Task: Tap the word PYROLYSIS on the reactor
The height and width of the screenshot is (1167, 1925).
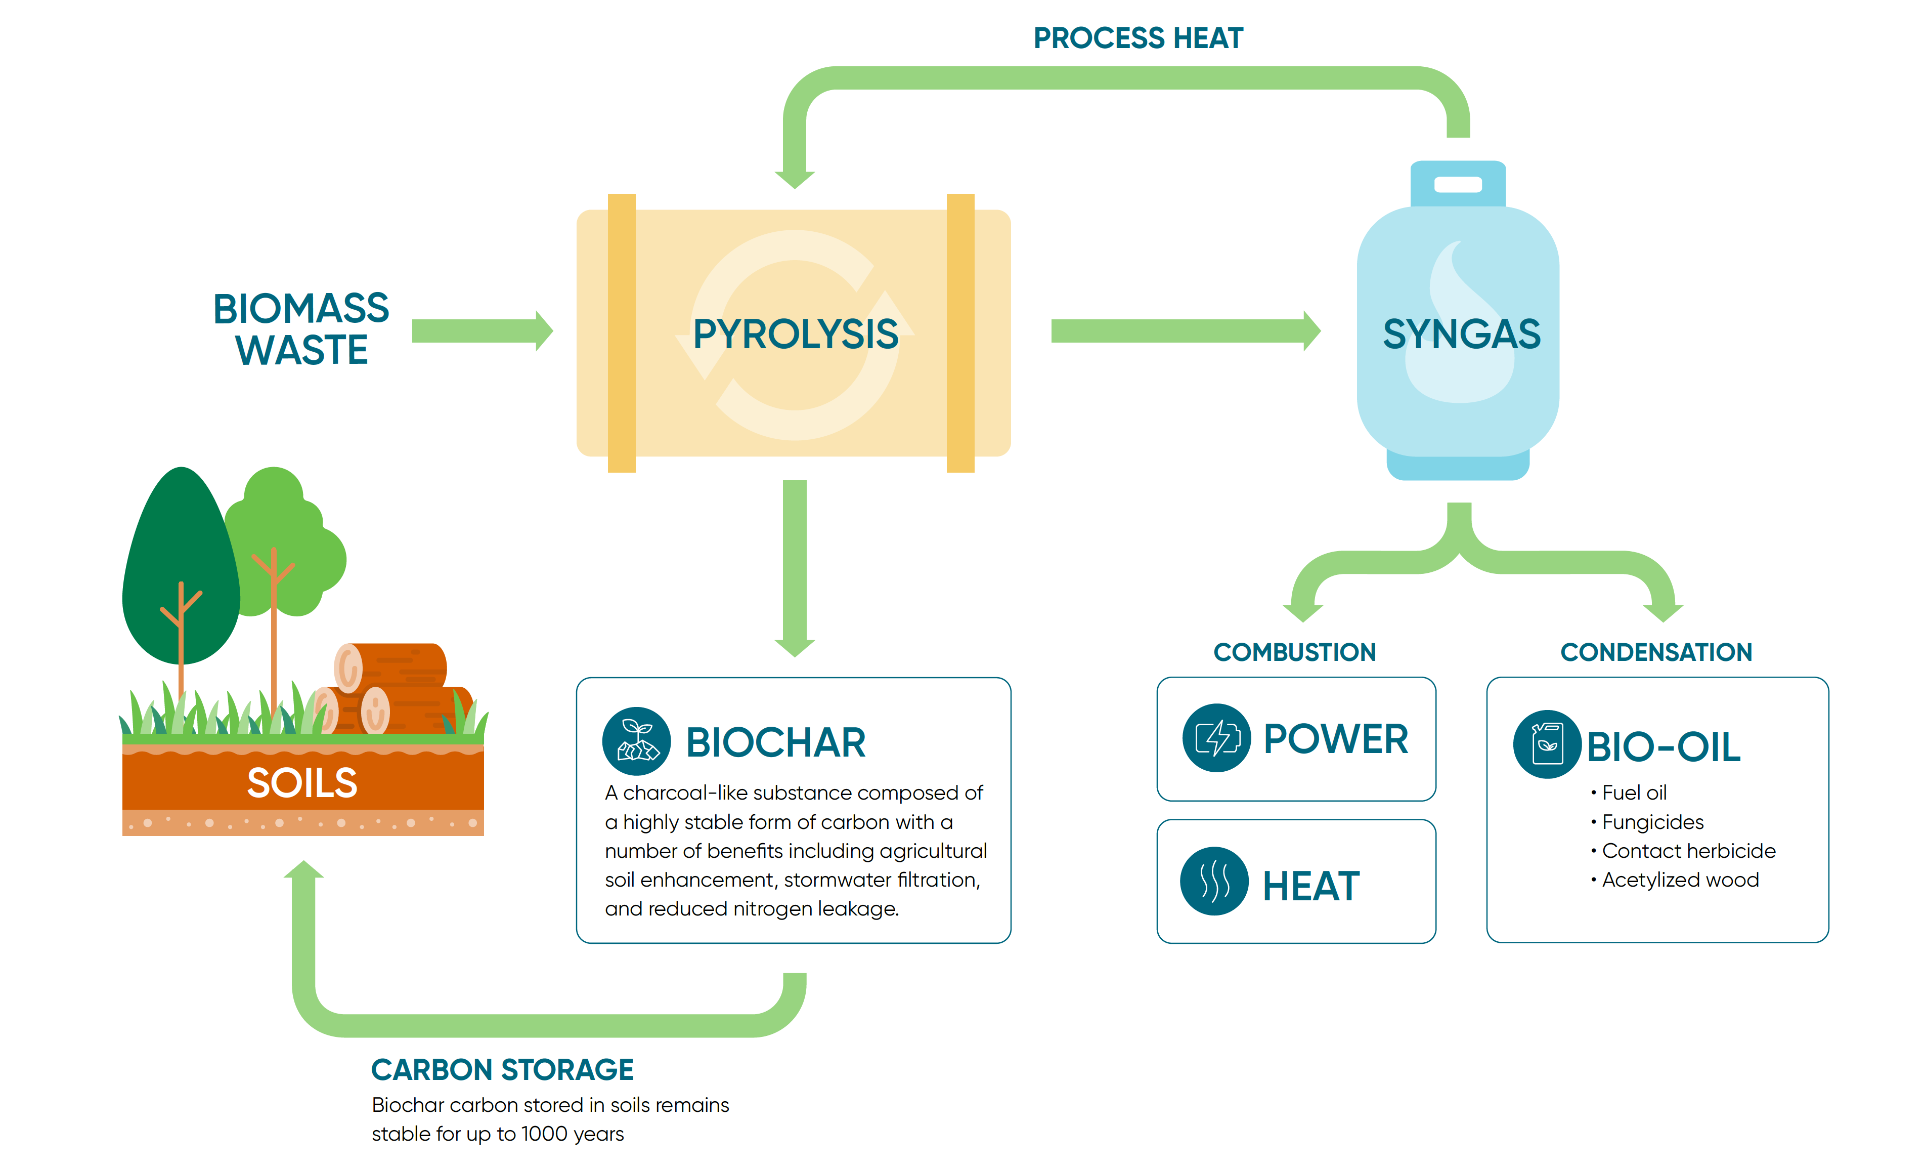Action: (795, 334)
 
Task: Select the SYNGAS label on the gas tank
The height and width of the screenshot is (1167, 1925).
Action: (1461, 334)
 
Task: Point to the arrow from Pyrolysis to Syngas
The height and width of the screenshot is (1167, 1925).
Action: (1184, 330)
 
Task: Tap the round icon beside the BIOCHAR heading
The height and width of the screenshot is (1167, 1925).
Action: (636, 741)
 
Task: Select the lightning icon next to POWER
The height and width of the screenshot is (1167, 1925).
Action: (1216, 738)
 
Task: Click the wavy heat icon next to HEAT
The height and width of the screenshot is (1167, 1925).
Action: (1214, 881)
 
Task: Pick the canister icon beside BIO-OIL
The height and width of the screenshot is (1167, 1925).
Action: (1547, 743)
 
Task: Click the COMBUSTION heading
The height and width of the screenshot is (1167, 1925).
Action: (1294, 652)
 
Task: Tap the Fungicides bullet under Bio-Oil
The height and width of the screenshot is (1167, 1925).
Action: (1651, 822)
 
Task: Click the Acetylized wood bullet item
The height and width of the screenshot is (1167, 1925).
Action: (1680, 880)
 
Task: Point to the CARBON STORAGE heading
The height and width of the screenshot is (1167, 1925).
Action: (502, 1069)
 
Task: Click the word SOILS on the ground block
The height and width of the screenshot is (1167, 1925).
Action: (302, 782)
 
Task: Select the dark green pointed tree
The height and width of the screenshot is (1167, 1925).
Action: (181, 563)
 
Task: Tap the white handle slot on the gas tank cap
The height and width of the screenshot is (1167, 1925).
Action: (1458, 185)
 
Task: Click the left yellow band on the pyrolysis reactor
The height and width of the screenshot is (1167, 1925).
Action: (622, 333)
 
